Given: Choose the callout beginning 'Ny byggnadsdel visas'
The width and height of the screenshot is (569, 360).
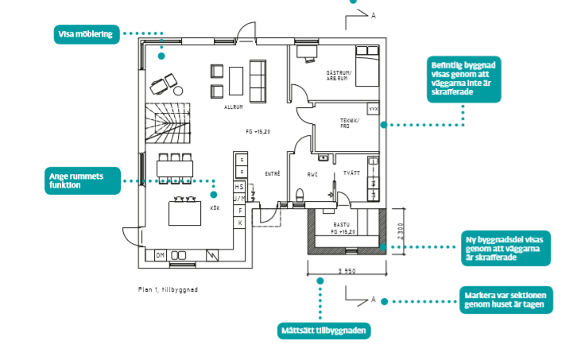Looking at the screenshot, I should pyautogui.click(x=505, y=247).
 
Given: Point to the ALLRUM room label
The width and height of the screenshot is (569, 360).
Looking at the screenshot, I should pyautogui.click(x=234, y=106).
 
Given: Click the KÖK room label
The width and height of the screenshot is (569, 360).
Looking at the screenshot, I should pyautogui.click(x=215, y=208).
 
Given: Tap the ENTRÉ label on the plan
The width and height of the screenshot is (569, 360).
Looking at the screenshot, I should pyautogui.click(x=272, y=173).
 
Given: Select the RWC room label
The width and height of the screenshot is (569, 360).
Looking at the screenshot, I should pyautogui.click(x=312, y=174).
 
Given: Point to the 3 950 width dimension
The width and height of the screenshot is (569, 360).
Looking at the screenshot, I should pyautogui.click(x=346, y=272).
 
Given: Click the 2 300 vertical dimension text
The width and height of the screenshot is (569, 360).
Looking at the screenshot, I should pyautogui.click(x=401, y=231).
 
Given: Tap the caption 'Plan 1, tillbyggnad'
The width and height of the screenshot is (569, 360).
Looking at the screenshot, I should pyautogui.click(x=168, y=290).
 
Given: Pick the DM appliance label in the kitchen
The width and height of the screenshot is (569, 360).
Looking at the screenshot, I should pyautogui.click(x=160, y=255).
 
